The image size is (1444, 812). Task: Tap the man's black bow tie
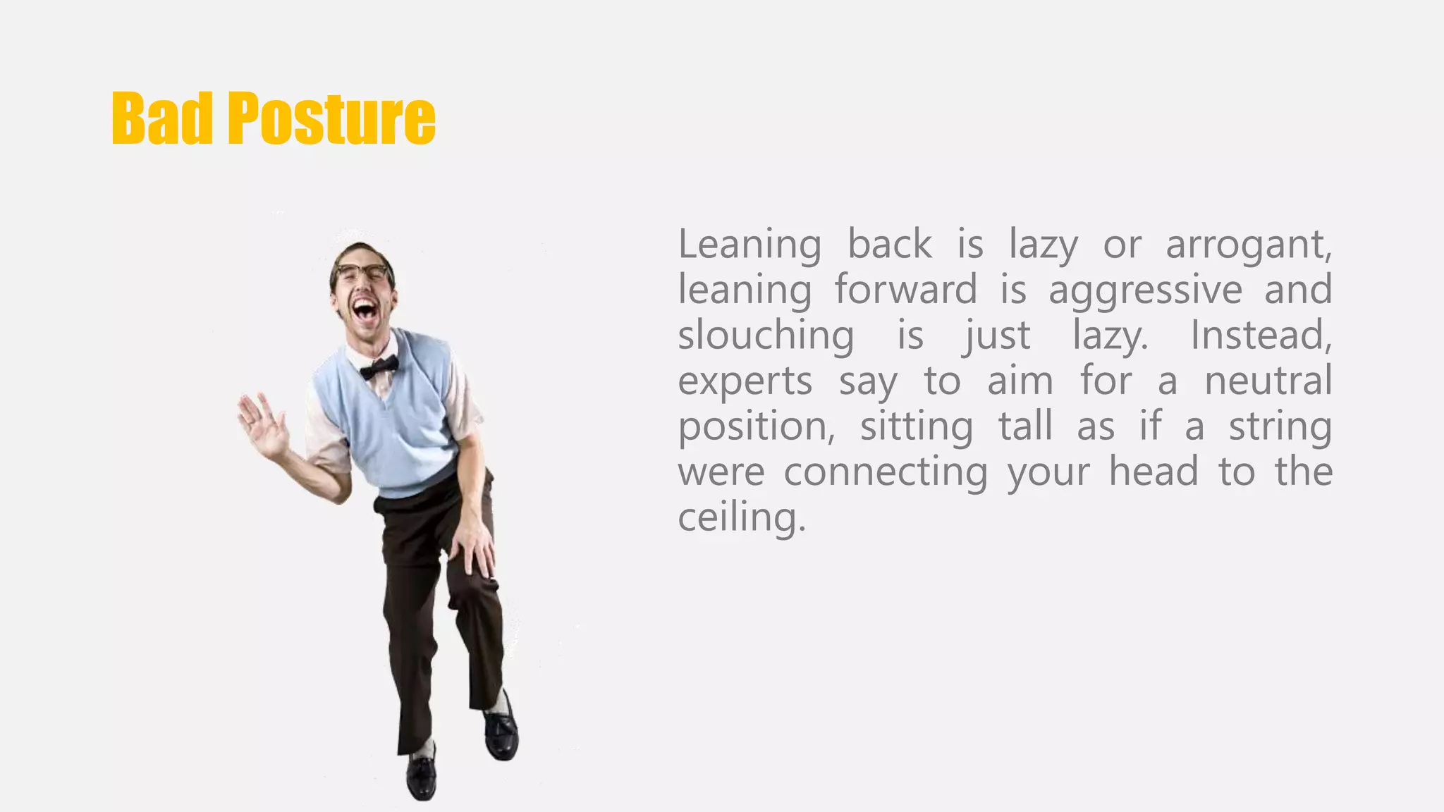(x=379, y=367)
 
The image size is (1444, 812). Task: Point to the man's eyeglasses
(x=362, y=272)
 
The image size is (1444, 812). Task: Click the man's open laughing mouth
(x=365, y=309)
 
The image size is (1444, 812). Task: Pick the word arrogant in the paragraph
(x=1248, y=245)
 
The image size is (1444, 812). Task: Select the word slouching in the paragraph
(x=766, y=336)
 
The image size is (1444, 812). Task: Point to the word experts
(x=745, y=382)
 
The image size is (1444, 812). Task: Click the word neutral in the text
(x=1268, y=381)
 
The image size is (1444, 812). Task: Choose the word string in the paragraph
(x=1280, y=428)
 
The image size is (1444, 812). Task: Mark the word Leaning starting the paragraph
(x=749, y=245)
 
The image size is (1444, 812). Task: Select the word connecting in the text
(x=886, y=473)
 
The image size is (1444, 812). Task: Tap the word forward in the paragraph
(x=905, y=290)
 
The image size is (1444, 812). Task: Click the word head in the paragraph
(x=1154, y=472)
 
